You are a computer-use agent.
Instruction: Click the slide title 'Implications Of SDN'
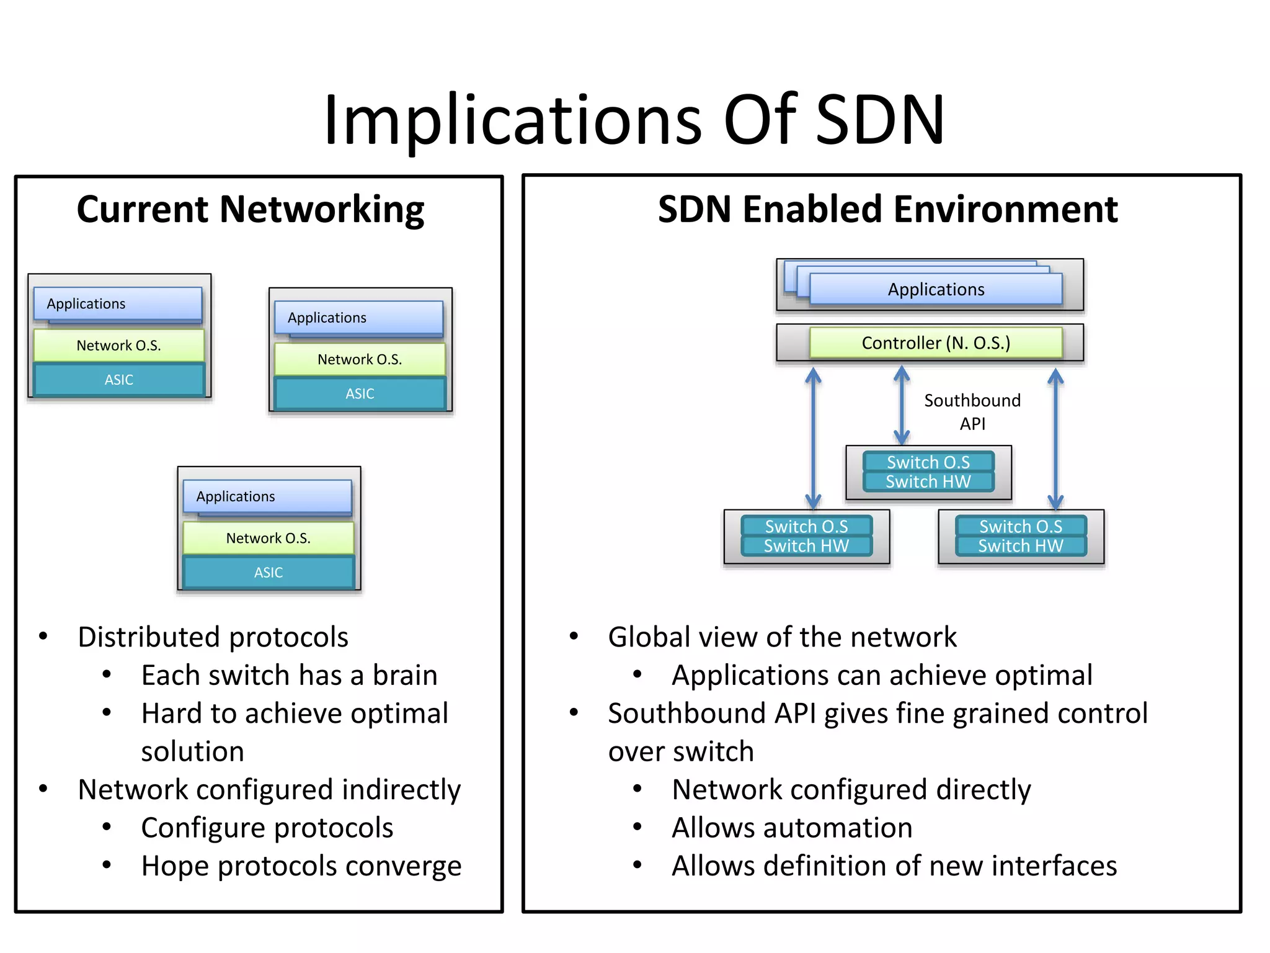634,119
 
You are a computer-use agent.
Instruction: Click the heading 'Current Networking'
250,210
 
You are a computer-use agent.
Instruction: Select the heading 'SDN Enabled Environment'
887,210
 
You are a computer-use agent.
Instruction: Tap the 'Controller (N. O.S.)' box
935,343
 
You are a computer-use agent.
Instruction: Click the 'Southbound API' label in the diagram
972,412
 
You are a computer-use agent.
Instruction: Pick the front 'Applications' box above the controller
935,290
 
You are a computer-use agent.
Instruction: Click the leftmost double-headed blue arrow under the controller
813,438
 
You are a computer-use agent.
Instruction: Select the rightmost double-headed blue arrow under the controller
1055,438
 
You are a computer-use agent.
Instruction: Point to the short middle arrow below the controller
902,405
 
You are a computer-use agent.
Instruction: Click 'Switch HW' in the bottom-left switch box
806,546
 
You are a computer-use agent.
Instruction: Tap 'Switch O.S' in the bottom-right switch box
1021,526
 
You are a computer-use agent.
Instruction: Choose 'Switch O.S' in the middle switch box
928,462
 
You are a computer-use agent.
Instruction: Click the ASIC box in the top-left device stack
118,380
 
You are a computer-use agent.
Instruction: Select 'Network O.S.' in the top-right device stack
360,359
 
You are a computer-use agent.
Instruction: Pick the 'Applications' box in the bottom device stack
267,496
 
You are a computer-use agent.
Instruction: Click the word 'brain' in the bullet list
404,676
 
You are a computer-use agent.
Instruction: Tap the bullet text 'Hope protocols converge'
301,866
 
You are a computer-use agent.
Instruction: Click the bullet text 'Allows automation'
792,828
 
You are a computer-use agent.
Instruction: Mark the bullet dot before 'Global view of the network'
574,637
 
